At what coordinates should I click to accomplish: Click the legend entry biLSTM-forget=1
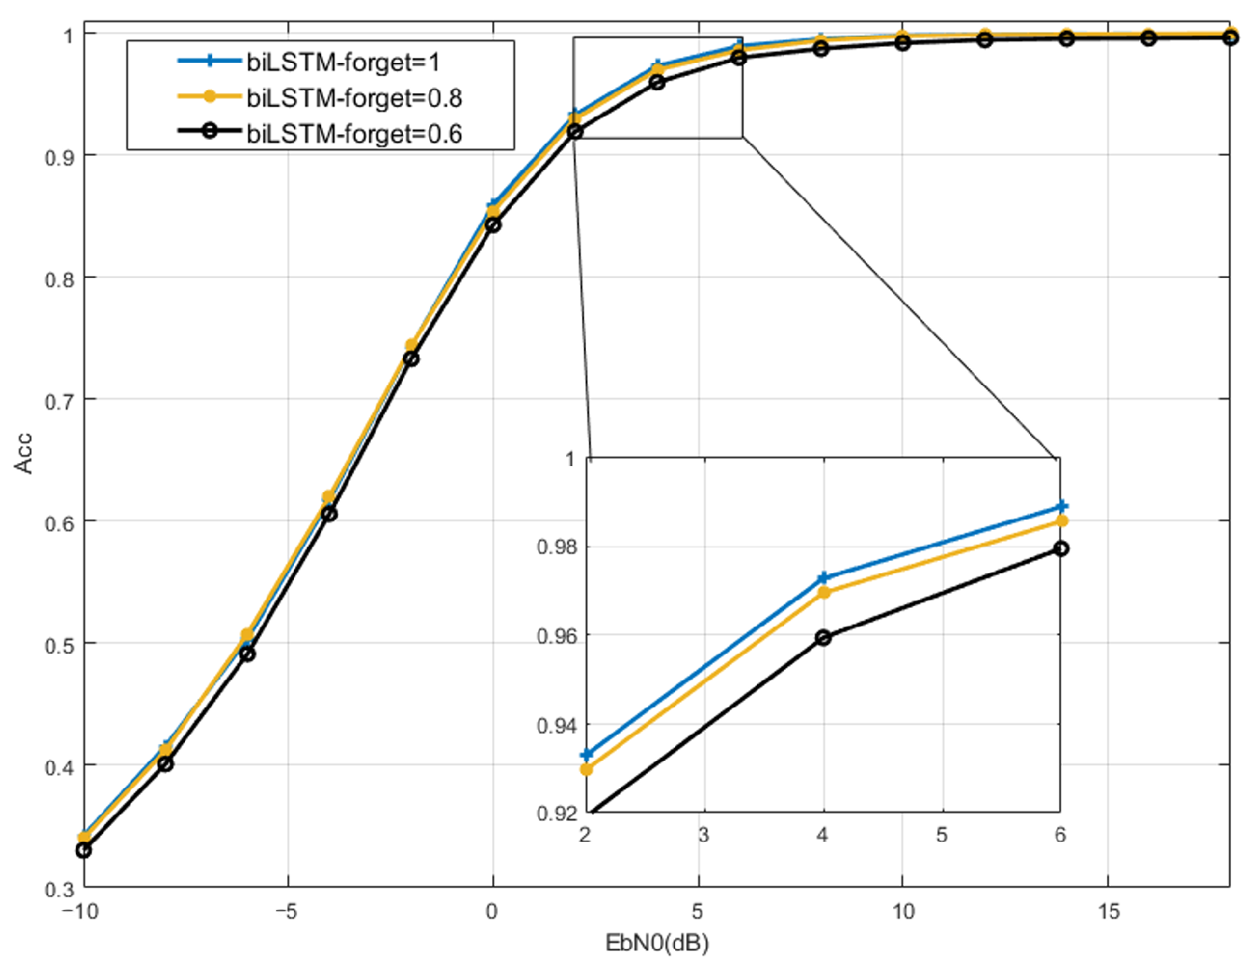[342, 62]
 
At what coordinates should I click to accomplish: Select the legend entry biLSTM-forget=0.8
[353, 98]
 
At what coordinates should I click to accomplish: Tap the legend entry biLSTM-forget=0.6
[353, 133]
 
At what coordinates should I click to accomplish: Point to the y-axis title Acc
[23, 454]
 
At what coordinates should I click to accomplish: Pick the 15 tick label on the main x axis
[1108, 911]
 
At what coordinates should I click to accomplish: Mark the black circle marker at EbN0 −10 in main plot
[84, 850]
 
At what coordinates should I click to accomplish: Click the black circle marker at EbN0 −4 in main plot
[329, 514]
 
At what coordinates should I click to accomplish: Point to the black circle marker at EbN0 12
[984, 39]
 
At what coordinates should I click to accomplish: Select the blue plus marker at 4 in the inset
[824, 578]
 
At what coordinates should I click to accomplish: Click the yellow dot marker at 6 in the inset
[1061, 521]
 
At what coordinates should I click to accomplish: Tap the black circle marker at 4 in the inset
[824, 637]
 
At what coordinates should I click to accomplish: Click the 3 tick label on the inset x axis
[703, 835]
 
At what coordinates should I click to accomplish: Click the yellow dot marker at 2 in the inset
[587, 769]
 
